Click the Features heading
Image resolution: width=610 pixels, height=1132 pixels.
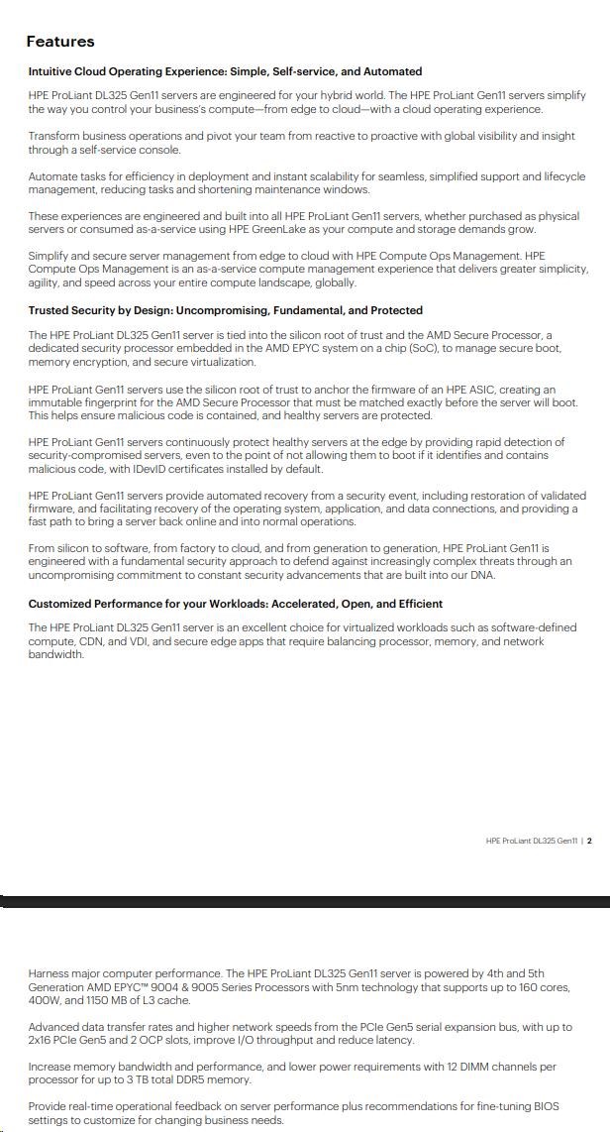point(60,42)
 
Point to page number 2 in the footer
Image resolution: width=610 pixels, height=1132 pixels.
point(589,841)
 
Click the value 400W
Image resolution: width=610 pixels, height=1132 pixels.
point(46,1000)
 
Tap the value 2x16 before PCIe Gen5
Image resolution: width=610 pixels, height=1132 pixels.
point(43,1040)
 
